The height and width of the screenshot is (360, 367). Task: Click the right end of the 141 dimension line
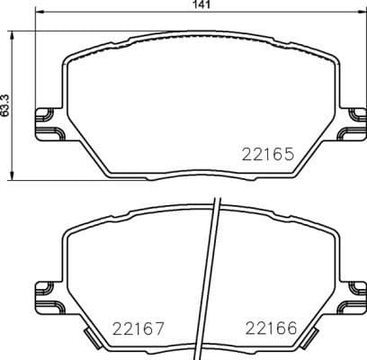click(x=363, y=17)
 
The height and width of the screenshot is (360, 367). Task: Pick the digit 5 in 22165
click(x=291, y=154)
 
